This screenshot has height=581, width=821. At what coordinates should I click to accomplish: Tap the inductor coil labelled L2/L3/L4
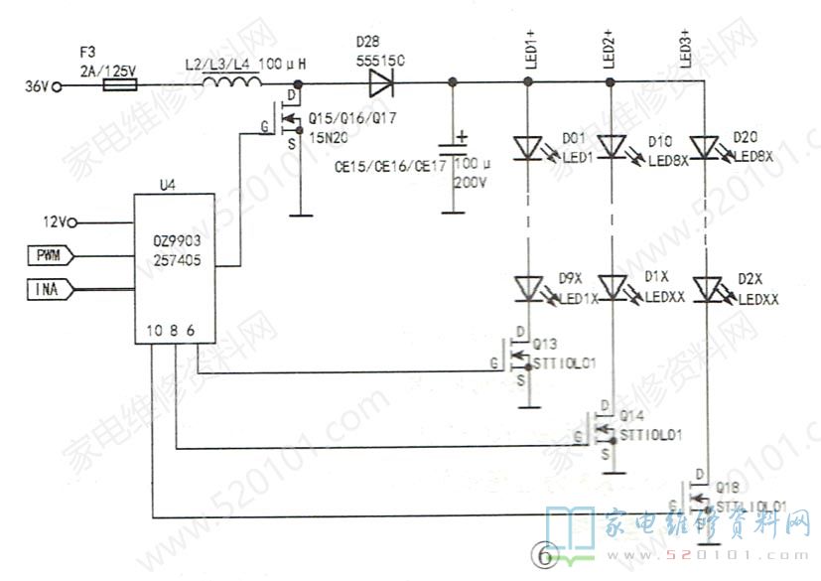tap(226, 86)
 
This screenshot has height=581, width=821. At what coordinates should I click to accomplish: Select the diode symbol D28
tap(379, 85)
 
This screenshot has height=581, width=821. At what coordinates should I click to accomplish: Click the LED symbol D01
tap(528, 148)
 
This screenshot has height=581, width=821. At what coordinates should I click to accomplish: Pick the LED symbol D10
tap(614, 148)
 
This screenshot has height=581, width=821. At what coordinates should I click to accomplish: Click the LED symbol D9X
tap(528, 289)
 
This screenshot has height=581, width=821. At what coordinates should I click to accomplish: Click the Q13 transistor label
tap(545, 345)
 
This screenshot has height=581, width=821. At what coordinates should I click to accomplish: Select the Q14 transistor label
tap(631, 414)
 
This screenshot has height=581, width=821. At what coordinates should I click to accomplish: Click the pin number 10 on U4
tap(151, 330)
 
